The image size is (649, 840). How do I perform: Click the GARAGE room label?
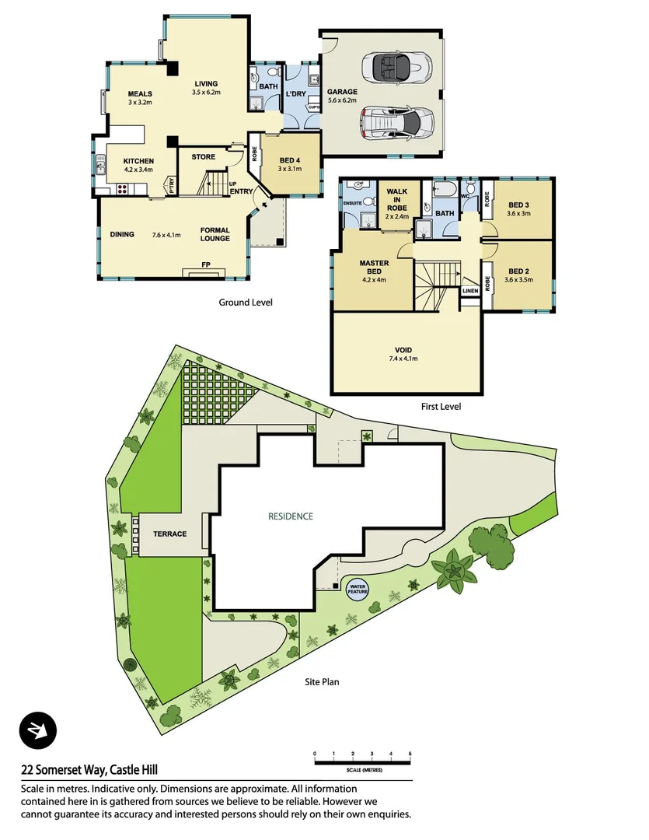342,92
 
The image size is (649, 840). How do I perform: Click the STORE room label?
204,157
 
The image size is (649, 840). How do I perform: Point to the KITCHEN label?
138,161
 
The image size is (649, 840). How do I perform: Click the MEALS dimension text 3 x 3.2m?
140,102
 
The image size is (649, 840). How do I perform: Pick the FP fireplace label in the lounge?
206,265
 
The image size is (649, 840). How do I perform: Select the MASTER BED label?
373,268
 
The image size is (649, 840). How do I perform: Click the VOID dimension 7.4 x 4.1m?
404,359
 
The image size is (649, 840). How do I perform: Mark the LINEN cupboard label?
470,291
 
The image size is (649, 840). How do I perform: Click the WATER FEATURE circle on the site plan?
358,590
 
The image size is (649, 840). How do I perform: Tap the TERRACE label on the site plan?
169,534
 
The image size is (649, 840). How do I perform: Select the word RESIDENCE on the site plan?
291,516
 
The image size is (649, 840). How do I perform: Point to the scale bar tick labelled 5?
410,754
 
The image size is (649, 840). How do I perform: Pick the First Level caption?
440,406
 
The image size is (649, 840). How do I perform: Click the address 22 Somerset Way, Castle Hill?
90,770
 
